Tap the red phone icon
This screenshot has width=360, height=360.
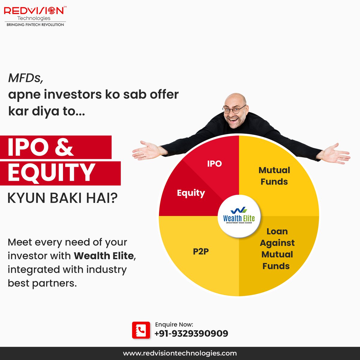[x=141, y=330]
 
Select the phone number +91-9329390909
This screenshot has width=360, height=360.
[x=191, y=333]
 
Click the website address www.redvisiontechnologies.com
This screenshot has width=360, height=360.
[x=180, y=353]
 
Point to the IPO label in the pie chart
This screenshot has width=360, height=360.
[x=214, y=163]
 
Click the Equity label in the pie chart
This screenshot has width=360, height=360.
[x=191, y=193]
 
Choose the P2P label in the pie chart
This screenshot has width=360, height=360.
[x=201, y=251]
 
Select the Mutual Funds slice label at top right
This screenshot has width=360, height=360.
[x=274, y=176]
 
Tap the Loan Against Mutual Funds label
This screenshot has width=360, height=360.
[x=277, y=249]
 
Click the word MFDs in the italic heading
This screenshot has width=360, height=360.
[x=26, y=78]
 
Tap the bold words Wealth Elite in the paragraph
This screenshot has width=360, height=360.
[x=103, y=256]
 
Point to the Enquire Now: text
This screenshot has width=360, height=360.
[x=174, y=324]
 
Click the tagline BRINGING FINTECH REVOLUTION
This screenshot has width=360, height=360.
[x=35, y=25]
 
